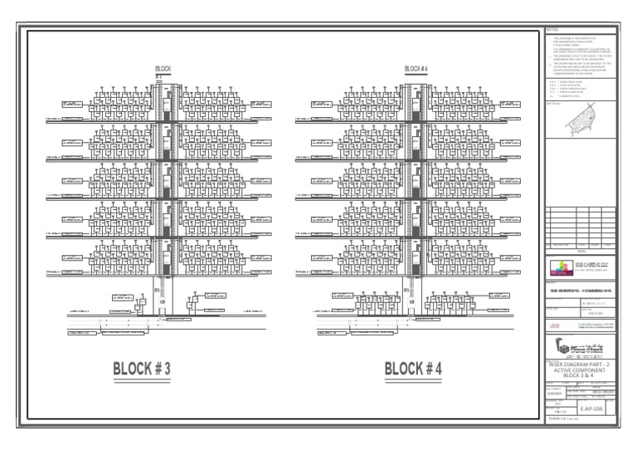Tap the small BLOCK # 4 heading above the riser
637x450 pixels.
coord(413,68)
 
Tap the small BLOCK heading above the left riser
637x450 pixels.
coord(163,68)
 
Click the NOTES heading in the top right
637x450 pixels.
coord(554,31)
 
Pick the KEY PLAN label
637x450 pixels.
coord(553,104)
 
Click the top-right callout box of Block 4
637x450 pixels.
coord(511,105)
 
